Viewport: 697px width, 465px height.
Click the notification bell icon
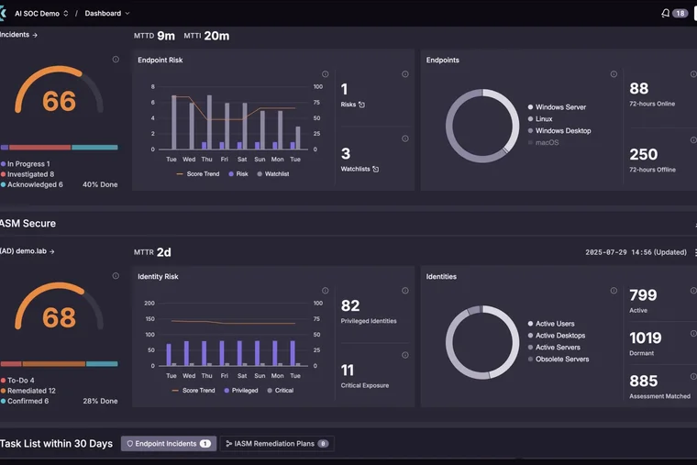(665, 14)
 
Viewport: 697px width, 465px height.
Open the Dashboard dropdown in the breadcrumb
(107, 14)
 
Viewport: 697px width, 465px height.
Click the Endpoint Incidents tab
(169, 443)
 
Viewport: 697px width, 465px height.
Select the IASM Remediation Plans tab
(277, 443)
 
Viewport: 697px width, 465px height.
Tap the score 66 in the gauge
(59, 101)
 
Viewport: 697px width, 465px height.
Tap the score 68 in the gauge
(59, 317)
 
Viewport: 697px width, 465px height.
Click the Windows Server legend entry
(557, 107)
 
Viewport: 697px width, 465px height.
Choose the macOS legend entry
(543, 142)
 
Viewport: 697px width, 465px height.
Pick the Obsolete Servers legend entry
(559, 359)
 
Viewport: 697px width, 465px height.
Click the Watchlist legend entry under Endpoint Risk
(273, 174)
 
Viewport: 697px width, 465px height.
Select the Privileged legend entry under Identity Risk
(241, 391)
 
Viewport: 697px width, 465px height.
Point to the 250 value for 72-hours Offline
(643, 154)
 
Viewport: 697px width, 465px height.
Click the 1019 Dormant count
(646, 338)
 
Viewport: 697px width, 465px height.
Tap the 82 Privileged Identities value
(350, 305)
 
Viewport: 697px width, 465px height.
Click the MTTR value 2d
(163, 252)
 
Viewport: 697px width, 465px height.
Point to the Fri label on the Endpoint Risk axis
(225, 160)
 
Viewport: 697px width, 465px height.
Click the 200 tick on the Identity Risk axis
(149, 304)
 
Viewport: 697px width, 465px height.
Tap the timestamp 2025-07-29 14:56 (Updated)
(636, 252)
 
